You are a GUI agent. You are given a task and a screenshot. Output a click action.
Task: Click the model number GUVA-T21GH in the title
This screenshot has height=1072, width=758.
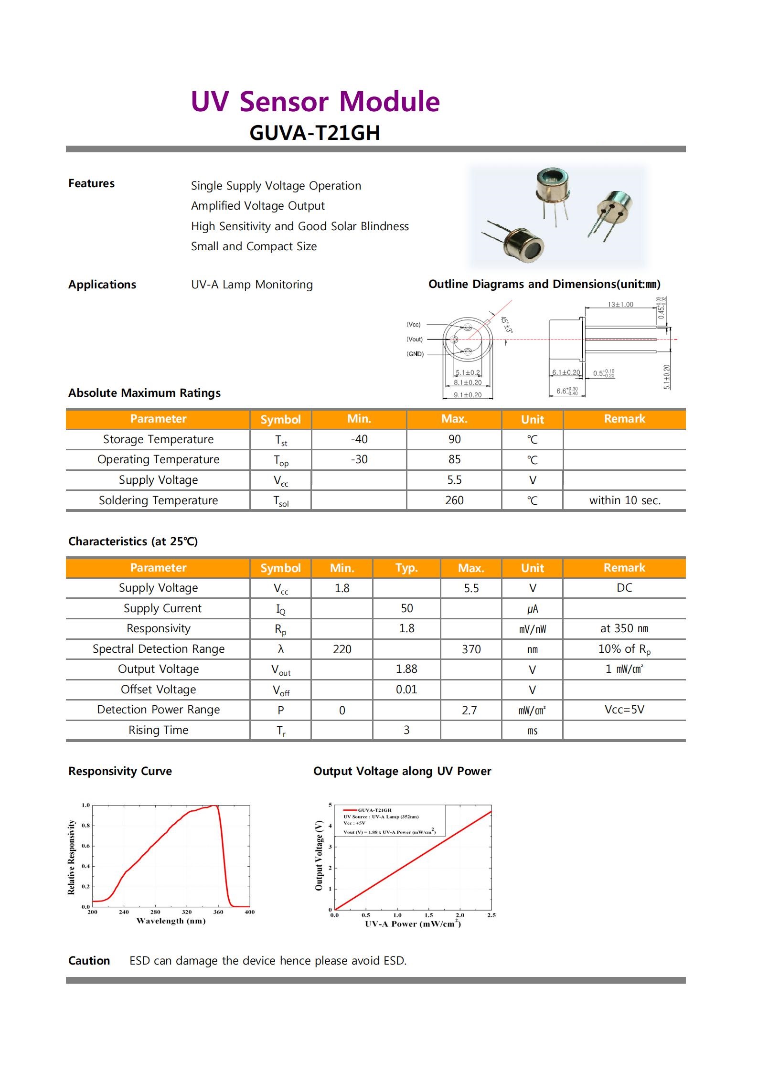tap(315, 133)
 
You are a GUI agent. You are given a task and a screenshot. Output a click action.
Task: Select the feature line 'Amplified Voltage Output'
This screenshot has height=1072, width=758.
tap(257, 206)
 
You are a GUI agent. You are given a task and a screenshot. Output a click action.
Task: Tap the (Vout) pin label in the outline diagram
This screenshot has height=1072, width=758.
tap(414, 340)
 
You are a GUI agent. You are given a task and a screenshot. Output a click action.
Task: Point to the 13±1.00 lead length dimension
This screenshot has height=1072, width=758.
tap(620, 305)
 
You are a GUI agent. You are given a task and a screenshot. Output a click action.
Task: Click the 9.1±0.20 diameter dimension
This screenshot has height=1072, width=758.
tap(468, 395)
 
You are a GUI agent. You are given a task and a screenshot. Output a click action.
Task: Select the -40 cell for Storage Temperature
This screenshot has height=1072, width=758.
tap(359, 439)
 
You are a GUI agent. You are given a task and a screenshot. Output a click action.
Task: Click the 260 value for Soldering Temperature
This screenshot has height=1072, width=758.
tap(454, 500)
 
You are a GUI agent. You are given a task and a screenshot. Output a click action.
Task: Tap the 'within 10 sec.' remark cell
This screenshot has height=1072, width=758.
tap(625, 500)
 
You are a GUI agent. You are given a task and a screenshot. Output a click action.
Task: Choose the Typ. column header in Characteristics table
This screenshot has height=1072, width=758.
tap(406, 568)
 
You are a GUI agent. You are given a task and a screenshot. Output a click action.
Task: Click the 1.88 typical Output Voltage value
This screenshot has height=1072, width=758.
tap(406, 669)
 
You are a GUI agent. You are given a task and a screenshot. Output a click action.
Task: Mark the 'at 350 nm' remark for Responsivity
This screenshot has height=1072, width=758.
tap(624, 628)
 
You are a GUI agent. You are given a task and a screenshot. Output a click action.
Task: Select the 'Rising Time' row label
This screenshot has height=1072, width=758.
tap(158, 730)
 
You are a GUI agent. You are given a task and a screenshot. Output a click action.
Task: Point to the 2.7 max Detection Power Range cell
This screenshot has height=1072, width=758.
tap(470, 710)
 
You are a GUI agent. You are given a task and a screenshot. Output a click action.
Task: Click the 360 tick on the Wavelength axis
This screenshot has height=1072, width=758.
tap(218, 912)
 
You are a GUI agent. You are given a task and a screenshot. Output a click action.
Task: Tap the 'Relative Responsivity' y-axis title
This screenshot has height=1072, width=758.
tap(72, 858)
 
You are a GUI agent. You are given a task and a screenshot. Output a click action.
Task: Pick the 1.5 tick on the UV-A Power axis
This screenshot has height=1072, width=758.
tap(428, 915)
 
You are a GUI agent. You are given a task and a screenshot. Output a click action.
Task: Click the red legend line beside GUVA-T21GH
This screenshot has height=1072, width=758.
tap(350, 810)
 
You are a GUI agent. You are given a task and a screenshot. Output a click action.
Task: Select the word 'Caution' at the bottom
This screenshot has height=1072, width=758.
tap(89, 961)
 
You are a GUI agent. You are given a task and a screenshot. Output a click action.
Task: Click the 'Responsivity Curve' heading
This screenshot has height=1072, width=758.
tap(120, 771)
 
